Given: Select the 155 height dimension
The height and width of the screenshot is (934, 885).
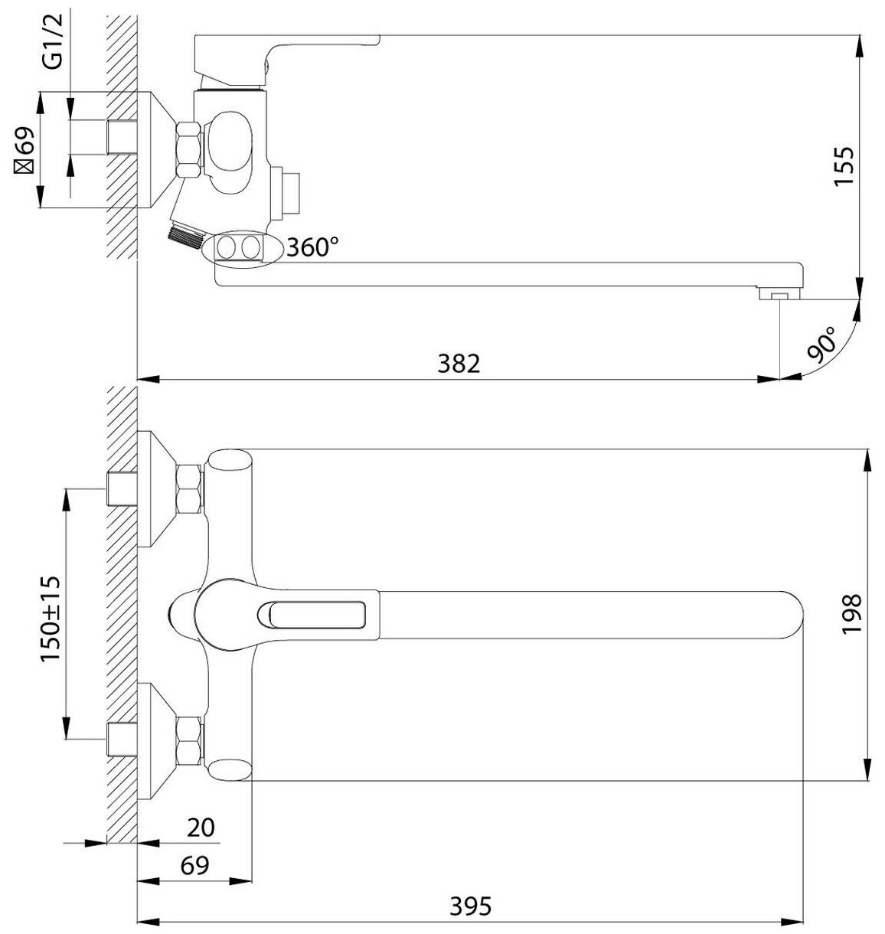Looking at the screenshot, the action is click(x=844, y=166).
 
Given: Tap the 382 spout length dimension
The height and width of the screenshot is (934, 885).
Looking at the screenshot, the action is click(x=459, y=364).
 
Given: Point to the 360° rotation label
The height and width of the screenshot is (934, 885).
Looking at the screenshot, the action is click(x=312, y=247).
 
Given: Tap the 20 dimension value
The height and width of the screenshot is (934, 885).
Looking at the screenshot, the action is click(x=201, y=828).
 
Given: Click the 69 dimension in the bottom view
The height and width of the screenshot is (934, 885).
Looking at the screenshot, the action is click(x=194, y=866).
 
